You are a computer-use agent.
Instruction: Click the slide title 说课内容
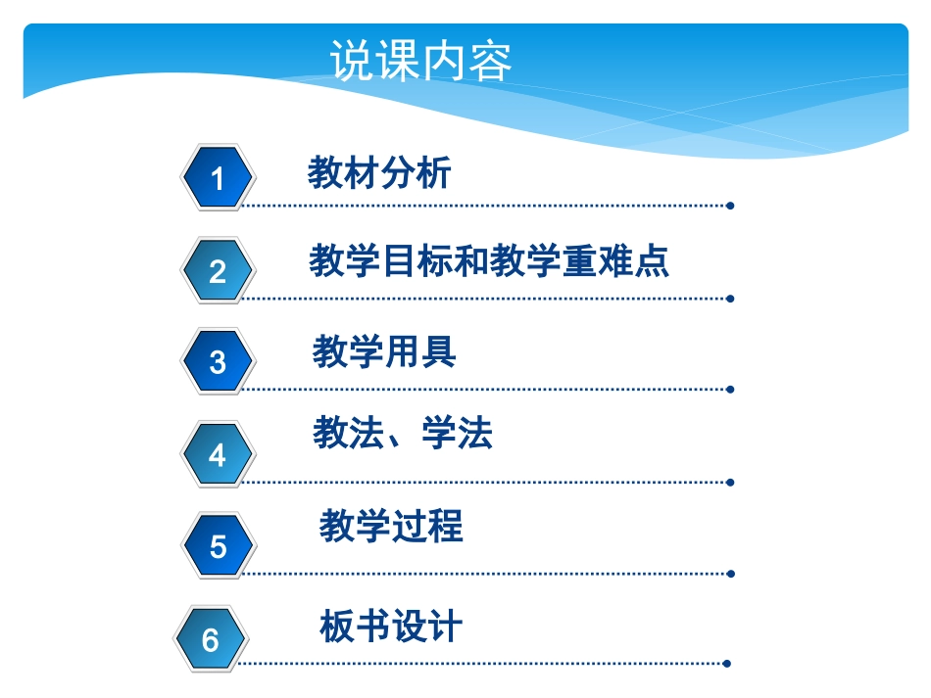[421, 62]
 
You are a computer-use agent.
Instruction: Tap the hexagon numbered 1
[218, 177]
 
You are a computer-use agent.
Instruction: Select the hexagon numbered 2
[218, 270]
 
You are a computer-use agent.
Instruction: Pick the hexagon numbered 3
[218, 361]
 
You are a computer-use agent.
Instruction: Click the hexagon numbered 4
[218, 454]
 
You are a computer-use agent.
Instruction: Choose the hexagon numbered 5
[218, 546]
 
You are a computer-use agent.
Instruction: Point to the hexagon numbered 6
[211, 639]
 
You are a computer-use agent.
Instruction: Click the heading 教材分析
[379, 173]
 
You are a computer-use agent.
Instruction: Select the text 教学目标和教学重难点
[489, 261]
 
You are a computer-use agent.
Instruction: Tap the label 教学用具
[384, 351]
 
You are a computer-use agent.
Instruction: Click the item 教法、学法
[403, 433]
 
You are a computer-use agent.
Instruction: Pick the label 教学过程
[391, 527]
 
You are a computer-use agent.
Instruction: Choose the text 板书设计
[391, 627]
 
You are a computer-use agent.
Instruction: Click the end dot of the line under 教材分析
[731, 206]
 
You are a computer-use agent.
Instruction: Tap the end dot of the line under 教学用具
[731, 390]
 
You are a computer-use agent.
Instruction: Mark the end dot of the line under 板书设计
[726, 664]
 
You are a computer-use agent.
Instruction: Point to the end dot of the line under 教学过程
[731, 574]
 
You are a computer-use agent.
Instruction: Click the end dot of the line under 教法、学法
[731, 482]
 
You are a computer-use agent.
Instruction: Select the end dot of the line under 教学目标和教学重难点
[731, 299]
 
